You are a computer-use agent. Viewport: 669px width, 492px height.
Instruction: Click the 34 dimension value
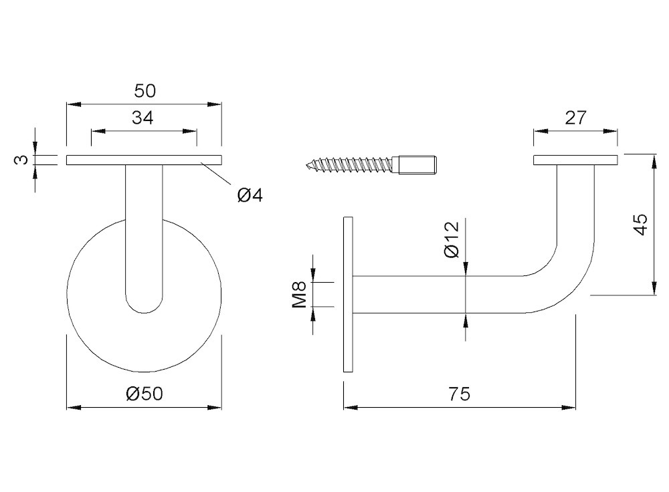click(x=142, y=118)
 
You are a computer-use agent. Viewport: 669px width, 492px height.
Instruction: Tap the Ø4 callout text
click(x=250, y=195)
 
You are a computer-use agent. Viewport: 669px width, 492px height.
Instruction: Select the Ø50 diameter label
click(x=145, y=394)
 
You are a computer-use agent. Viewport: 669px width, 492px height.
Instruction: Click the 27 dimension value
click(x=576, y=118)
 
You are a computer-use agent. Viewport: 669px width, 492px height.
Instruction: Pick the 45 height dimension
click(x=641, y=224)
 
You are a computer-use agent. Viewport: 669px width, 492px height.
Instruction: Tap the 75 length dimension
click(x=460, y=394)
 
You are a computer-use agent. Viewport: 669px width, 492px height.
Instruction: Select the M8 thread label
click(x=300, y=295)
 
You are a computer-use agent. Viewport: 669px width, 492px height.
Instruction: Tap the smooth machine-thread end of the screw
click(x=417, y=164)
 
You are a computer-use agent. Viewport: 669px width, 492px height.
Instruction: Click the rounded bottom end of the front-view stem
click(x=145, y=303)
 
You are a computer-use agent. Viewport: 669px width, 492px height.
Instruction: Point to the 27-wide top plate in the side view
click(x=575, y=160)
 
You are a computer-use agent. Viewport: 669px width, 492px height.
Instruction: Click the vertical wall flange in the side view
click(x=348, y=294)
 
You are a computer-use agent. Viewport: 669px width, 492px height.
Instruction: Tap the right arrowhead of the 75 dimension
click(x=569, y=408)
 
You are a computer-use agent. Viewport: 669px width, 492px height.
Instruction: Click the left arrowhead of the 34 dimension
click(x=98, y=131)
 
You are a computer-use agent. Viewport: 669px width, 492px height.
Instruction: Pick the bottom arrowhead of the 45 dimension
click(x=654, y=287)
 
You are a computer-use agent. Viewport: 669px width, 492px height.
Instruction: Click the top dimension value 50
click(x=145, y=91)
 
